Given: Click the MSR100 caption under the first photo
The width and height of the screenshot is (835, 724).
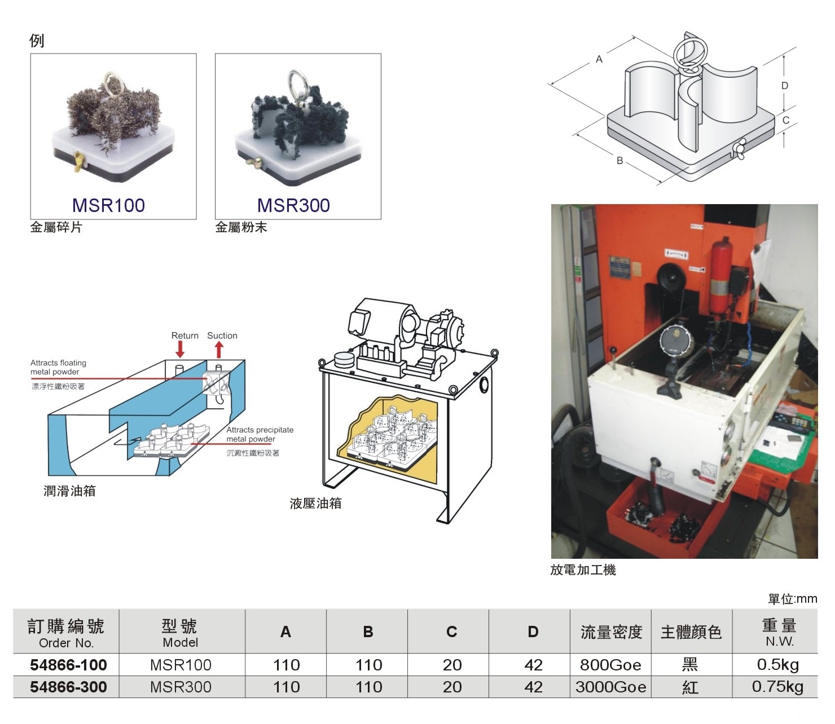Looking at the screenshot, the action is coord(108,205).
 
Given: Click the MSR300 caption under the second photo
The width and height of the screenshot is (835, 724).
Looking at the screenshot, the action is coord(293,205).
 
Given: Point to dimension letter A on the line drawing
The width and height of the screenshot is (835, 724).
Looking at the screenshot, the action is coord(599,59).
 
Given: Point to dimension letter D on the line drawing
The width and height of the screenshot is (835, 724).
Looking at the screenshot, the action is coord(784,86).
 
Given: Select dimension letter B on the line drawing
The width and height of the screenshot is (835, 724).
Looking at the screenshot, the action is coord(619,161).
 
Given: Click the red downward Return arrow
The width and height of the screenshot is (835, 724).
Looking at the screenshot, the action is coord(179,349).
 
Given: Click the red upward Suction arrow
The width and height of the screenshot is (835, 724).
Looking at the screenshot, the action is coord(219,350).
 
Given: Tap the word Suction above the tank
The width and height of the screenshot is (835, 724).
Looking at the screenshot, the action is coord(222,335).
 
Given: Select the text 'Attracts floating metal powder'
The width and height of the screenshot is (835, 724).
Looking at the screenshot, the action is coord(58,367).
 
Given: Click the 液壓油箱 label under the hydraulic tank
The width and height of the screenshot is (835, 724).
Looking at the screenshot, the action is coord(315,504).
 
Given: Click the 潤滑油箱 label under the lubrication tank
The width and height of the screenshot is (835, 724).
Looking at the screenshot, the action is coord(69,491).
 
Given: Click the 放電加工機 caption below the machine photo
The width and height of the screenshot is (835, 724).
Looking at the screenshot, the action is coord(583,570).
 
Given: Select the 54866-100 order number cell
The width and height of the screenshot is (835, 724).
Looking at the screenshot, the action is coord(69,665).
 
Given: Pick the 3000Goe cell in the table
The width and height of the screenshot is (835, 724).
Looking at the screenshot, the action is coord(610,687).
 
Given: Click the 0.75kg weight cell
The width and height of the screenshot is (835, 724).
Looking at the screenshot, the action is coord(777,687).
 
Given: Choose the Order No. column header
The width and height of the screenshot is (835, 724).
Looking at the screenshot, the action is coord(66,632).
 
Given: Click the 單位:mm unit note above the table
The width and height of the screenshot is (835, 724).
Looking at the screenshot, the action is coord(793,598).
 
